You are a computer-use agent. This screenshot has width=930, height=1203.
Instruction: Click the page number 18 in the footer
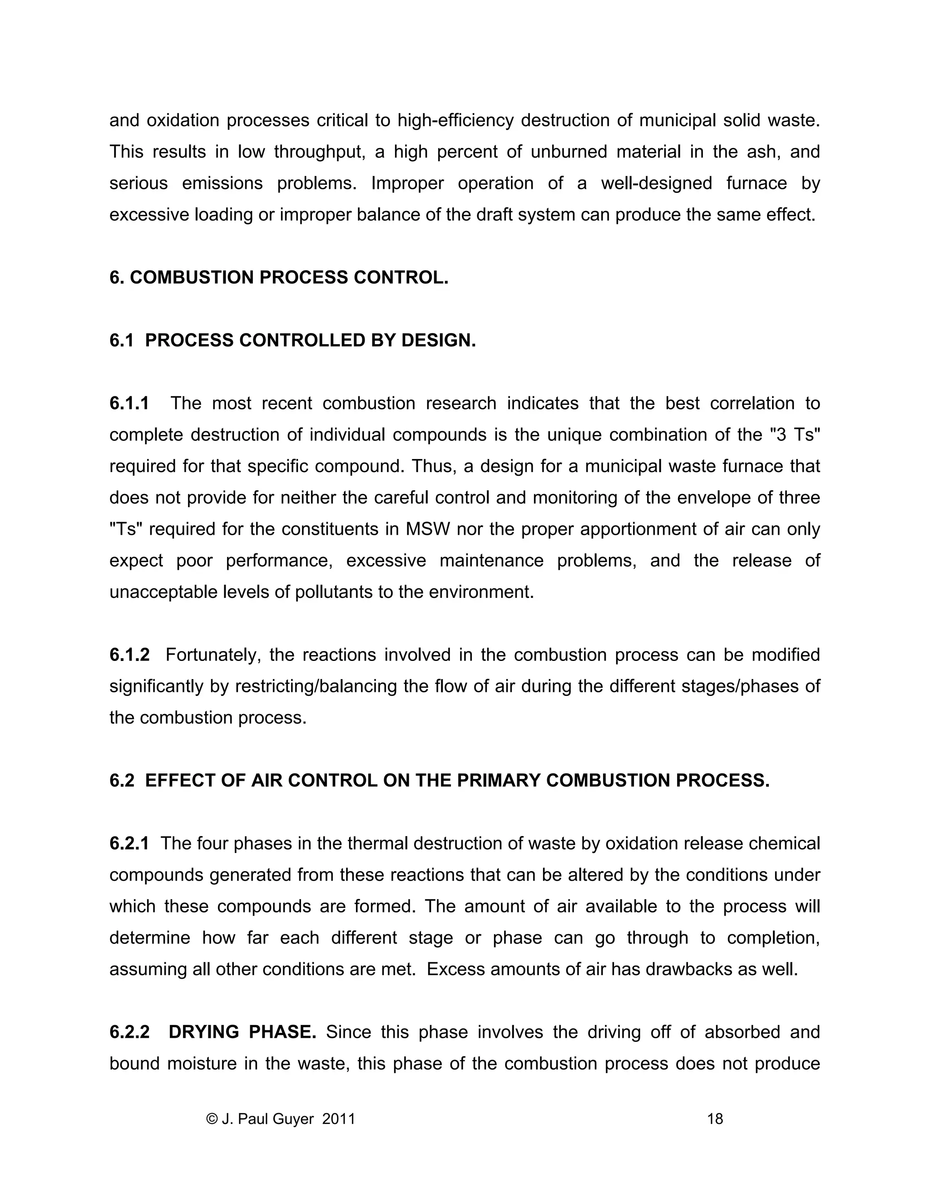click(x=715, y=1119)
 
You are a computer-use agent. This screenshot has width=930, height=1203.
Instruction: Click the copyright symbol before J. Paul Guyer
click(x=212, y=1119)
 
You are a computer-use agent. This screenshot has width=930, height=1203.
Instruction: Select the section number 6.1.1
click(x=129, y=403)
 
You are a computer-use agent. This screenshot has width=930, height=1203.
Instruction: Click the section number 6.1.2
click(x=129, y=655)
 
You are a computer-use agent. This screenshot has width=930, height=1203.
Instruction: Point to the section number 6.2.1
click(x=129, y=844)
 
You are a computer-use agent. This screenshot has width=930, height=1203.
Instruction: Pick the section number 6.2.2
click(x=129, y=1032)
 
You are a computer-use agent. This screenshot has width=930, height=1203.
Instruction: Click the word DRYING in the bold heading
click(x=203, y=1032)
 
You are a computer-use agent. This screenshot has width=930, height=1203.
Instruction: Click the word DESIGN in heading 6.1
click(x=438, y=340)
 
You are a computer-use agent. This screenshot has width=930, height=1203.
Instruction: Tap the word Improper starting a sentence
click(x=407, y=183)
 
